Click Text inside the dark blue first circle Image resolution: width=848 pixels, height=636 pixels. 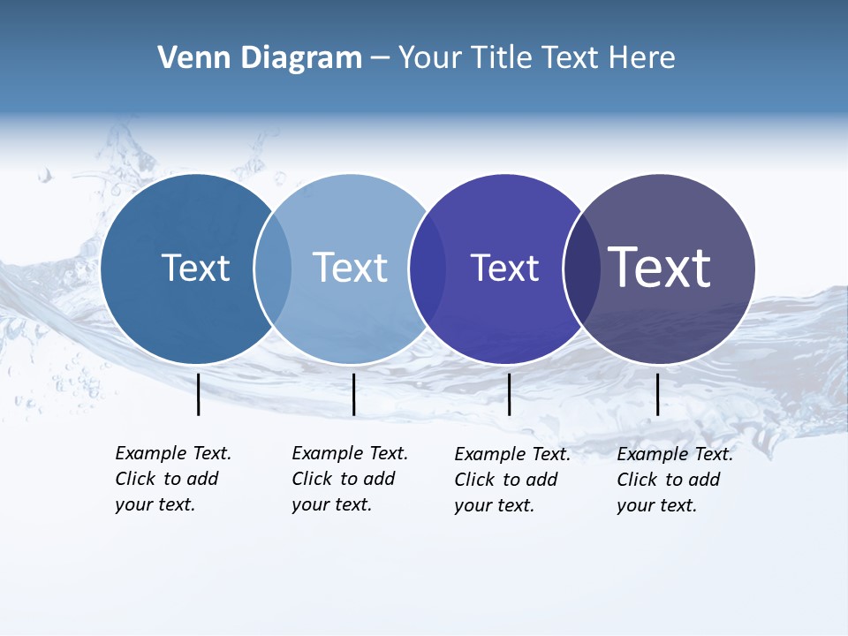(x=195, y=268)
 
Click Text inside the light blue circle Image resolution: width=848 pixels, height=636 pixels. (x=351, y=268)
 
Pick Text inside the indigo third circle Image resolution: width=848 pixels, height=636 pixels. (x=504, y=269)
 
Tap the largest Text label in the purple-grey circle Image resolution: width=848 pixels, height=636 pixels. (x=660, y=268)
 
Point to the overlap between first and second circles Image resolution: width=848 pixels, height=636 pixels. (x=273, y=269)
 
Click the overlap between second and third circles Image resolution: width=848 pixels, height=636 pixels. (x=428, y=269)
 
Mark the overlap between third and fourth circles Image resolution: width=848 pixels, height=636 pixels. (x=582, y=269)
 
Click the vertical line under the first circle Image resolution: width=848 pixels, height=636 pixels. (x=199, y=394)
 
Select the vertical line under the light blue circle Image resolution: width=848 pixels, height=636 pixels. (x=353, y=394)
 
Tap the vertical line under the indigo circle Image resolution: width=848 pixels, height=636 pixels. (x=510, y=394)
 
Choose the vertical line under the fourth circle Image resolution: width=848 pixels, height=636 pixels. (x=658, y=394)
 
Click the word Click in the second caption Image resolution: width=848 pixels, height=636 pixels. (x=313, y=479)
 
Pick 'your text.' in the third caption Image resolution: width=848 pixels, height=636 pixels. (x=495, y=505)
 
